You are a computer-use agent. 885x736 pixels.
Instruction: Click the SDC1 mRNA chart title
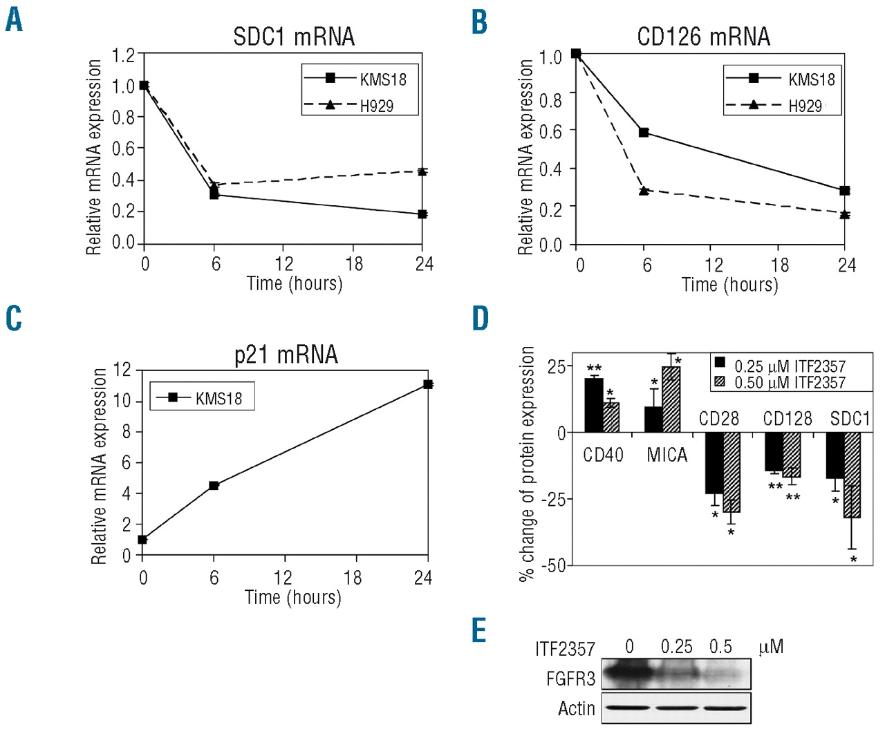pyautogui.click(x=294, y=37)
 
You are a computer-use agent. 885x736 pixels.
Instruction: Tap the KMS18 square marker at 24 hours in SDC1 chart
pyautogui.click(x=422, y=214)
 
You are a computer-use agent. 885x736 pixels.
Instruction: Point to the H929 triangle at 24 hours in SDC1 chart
pyautogui.click(x=422, y=171)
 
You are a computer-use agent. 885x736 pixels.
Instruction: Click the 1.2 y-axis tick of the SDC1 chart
pyautogui.click(x=124, y=55)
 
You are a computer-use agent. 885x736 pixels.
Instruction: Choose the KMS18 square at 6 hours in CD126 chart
pyautogui.click(x=644, y=132)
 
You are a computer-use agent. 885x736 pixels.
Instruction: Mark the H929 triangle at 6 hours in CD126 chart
pyautogui.click(x=644, y=190)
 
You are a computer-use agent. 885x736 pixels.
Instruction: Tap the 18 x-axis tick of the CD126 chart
pyautogui.click(x=779, y=265)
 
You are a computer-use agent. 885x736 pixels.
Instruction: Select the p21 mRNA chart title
pyautogui.click(x=286, y=355)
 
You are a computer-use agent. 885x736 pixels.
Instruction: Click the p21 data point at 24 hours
pyautogui.click(x=428, y=384)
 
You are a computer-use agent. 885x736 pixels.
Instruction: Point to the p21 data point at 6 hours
pyautogui.click(x=214, y=486)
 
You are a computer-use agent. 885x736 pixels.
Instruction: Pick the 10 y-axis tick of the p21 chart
pyautogui.click(x=122, y=401)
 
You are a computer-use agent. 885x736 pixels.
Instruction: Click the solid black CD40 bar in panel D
pyautogui.click(x=593, y=405)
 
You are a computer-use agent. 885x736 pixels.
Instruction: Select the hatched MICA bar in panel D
pyautogui.click(x=671, y=399)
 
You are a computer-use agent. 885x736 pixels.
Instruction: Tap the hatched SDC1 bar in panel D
pyautogui.click(x=852, y=475)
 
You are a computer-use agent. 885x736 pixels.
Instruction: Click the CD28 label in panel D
pyautogui.click(x=718, y=419)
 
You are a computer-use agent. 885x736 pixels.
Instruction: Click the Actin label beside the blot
pyautogui.click(x=577, y=708)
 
